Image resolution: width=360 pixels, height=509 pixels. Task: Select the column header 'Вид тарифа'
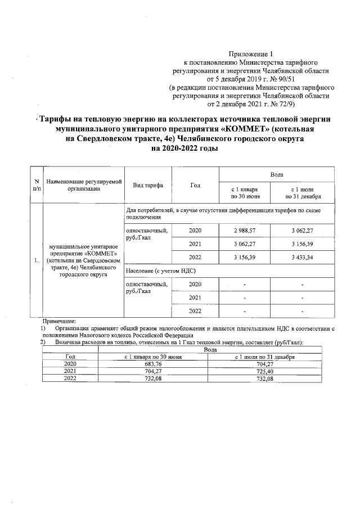148,185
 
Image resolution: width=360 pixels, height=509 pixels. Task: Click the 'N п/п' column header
37,185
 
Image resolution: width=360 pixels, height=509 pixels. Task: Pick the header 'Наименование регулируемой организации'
84,185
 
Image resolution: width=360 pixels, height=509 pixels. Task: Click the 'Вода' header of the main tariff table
276,175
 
